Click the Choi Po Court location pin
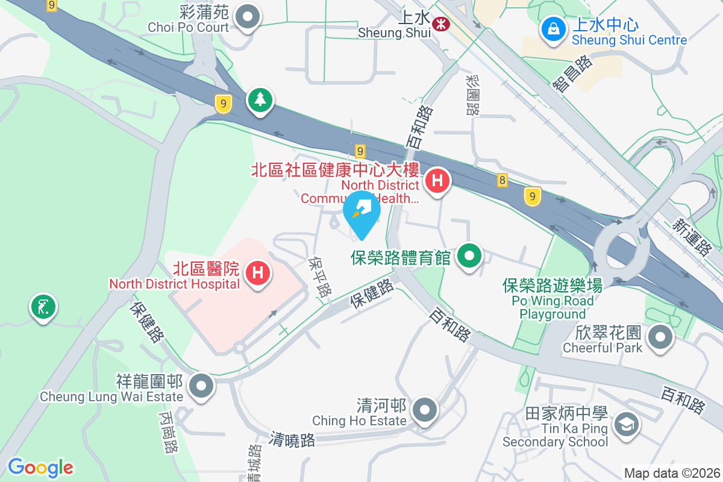coord(247,17)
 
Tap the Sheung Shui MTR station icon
coord(442,25)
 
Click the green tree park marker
coord(260,100)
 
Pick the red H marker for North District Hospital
coord(257,273)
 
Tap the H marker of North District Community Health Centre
coord(438,181)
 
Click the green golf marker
coord(43,307)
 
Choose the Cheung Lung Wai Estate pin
coord(201,386)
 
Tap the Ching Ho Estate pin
coord(426,410)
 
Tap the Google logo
coord(40,467)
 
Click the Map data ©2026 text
coord(671,473)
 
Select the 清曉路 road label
coord(293,439)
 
